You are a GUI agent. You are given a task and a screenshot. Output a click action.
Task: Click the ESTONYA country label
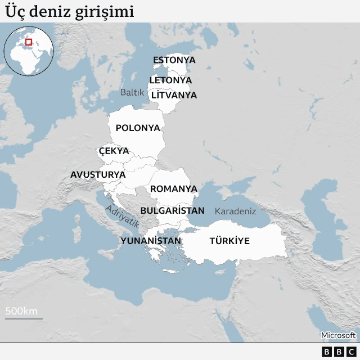point(174,60)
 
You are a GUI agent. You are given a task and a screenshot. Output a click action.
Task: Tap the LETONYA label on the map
point(170,80)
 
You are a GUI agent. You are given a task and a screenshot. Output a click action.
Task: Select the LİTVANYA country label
point(174,95)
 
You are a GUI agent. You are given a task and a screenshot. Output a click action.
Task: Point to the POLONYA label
point(138,128)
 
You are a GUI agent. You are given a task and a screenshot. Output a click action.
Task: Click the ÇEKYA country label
point(114,151)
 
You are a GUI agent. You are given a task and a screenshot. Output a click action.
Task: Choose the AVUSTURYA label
point(98,174)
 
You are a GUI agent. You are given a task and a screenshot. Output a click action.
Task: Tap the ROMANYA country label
point(173,188)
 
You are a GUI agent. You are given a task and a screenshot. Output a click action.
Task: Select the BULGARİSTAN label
point(172,210)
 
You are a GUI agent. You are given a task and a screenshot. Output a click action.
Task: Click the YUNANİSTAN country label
point(151,241)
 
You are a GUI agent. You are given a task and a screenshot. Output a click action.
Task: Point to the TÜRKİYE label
point(229,241)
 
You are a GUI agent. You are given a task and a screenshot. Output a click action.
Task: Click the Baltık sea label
point(132,92)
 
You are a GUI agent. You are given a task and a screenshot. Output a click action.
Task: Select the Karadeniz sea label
point(235,211)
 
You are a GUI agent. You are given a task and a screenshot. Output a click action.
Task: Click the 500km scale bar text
point(21,311)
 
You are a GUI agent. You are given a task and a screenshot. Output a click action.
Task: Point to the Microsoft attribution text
point(338,335)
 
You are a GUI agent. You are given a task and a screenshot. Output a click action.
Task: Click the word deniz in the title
point(49,12)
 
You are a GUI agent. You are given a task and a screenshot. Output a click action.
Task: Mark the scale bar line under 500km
point(24,319)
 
